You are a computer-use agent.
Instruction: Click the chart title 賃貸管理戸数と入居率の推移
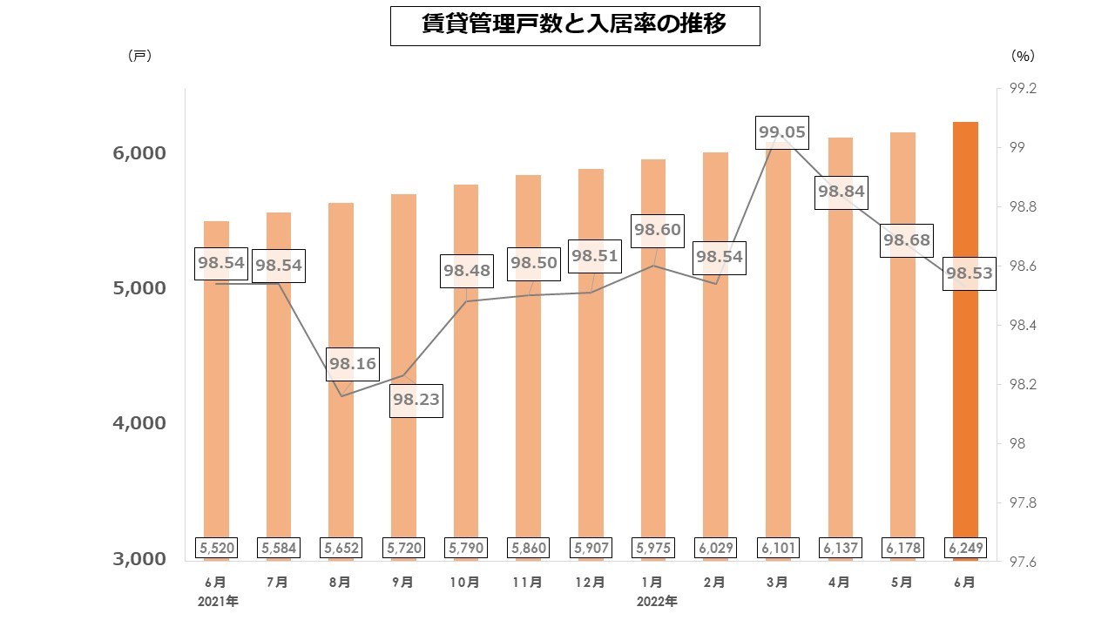coord(574,25)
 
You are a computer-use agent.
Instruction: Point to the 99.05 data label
coord(782,133)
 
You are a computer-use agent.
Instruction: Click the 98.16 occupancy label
coord(353,364)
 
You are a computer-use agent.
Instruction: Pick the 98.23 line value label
coord(416,401)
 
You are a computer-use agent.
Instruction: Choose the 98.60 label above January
coord(657,230)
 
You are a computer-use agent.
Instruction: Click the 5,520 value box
coord(216,548)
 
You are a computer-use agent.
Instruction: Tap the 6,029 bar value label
coord(715,548)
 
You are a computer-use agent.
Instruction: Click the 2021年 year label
coord(218,602)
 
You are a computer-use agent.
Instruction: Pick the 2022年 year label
coord(657,602)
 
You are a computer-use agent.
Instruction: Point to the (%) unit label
coord(1023,56)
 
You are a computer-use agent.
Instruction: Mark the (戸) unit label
coord(139,56)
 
